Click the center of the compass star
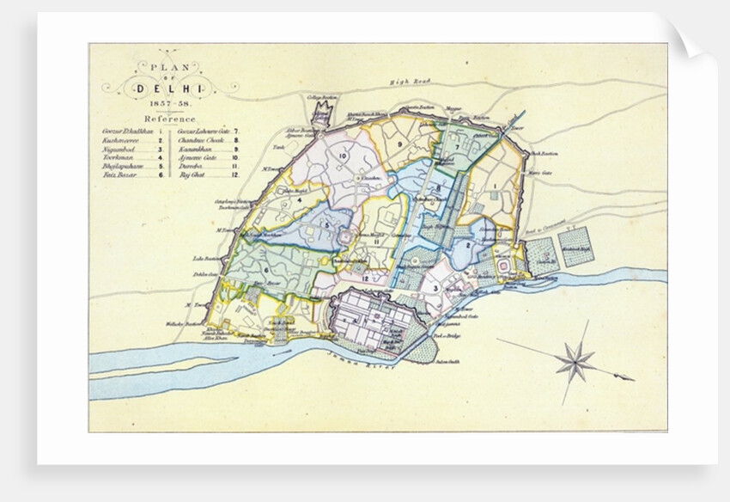(x=575, y=361)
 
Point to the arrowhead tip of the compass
(x=634, y=378)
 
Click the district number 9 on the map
(x=400, y=144)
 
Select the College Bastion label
(x=321, y=99)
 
